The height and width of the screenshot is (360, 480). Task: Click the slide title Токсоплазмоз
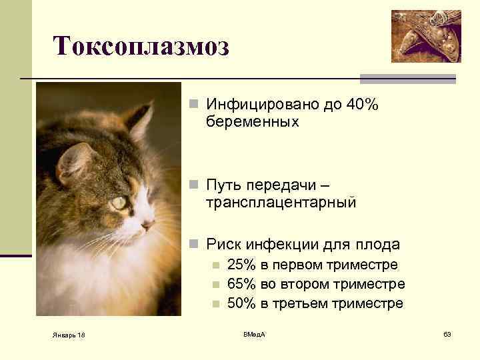[x=141, y=46]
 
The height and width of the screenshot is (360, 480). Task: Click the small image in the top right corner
[x=426, y=36]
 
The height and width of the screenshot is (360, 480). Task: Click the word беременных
[x=253, y=122]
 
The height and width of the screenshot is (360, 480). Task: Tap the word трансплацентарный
[x=281, y=202]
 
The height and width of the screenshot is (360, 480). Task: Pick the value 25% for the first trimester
[x=241, y=265]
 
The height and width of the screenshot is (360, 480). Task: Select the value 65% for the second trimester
[x=241, y=284]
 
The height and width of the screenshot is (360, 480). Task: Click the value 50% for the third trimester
[x=241, y=303]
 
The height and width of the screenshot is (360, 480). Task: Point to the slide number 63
[x=447, y=333]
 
